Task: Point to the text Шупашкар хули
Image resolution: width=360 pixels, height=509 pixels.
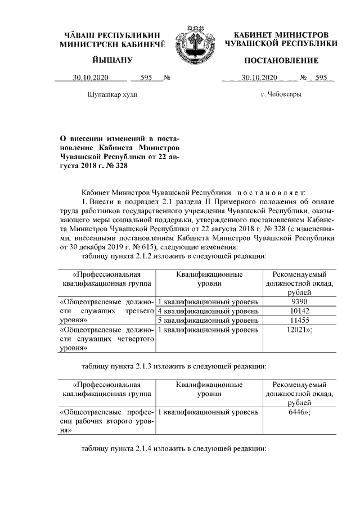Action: tap(112, 94)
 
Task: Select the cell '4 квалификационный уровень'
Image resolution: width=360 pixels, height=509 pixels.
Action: tap(208, 311)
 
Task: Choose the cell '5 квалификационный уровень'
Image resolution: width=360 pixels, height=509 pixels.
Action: tap(208, 320)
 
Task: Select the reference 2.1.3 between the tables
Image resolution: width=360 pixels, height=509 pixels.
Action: tap(145, 366)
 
